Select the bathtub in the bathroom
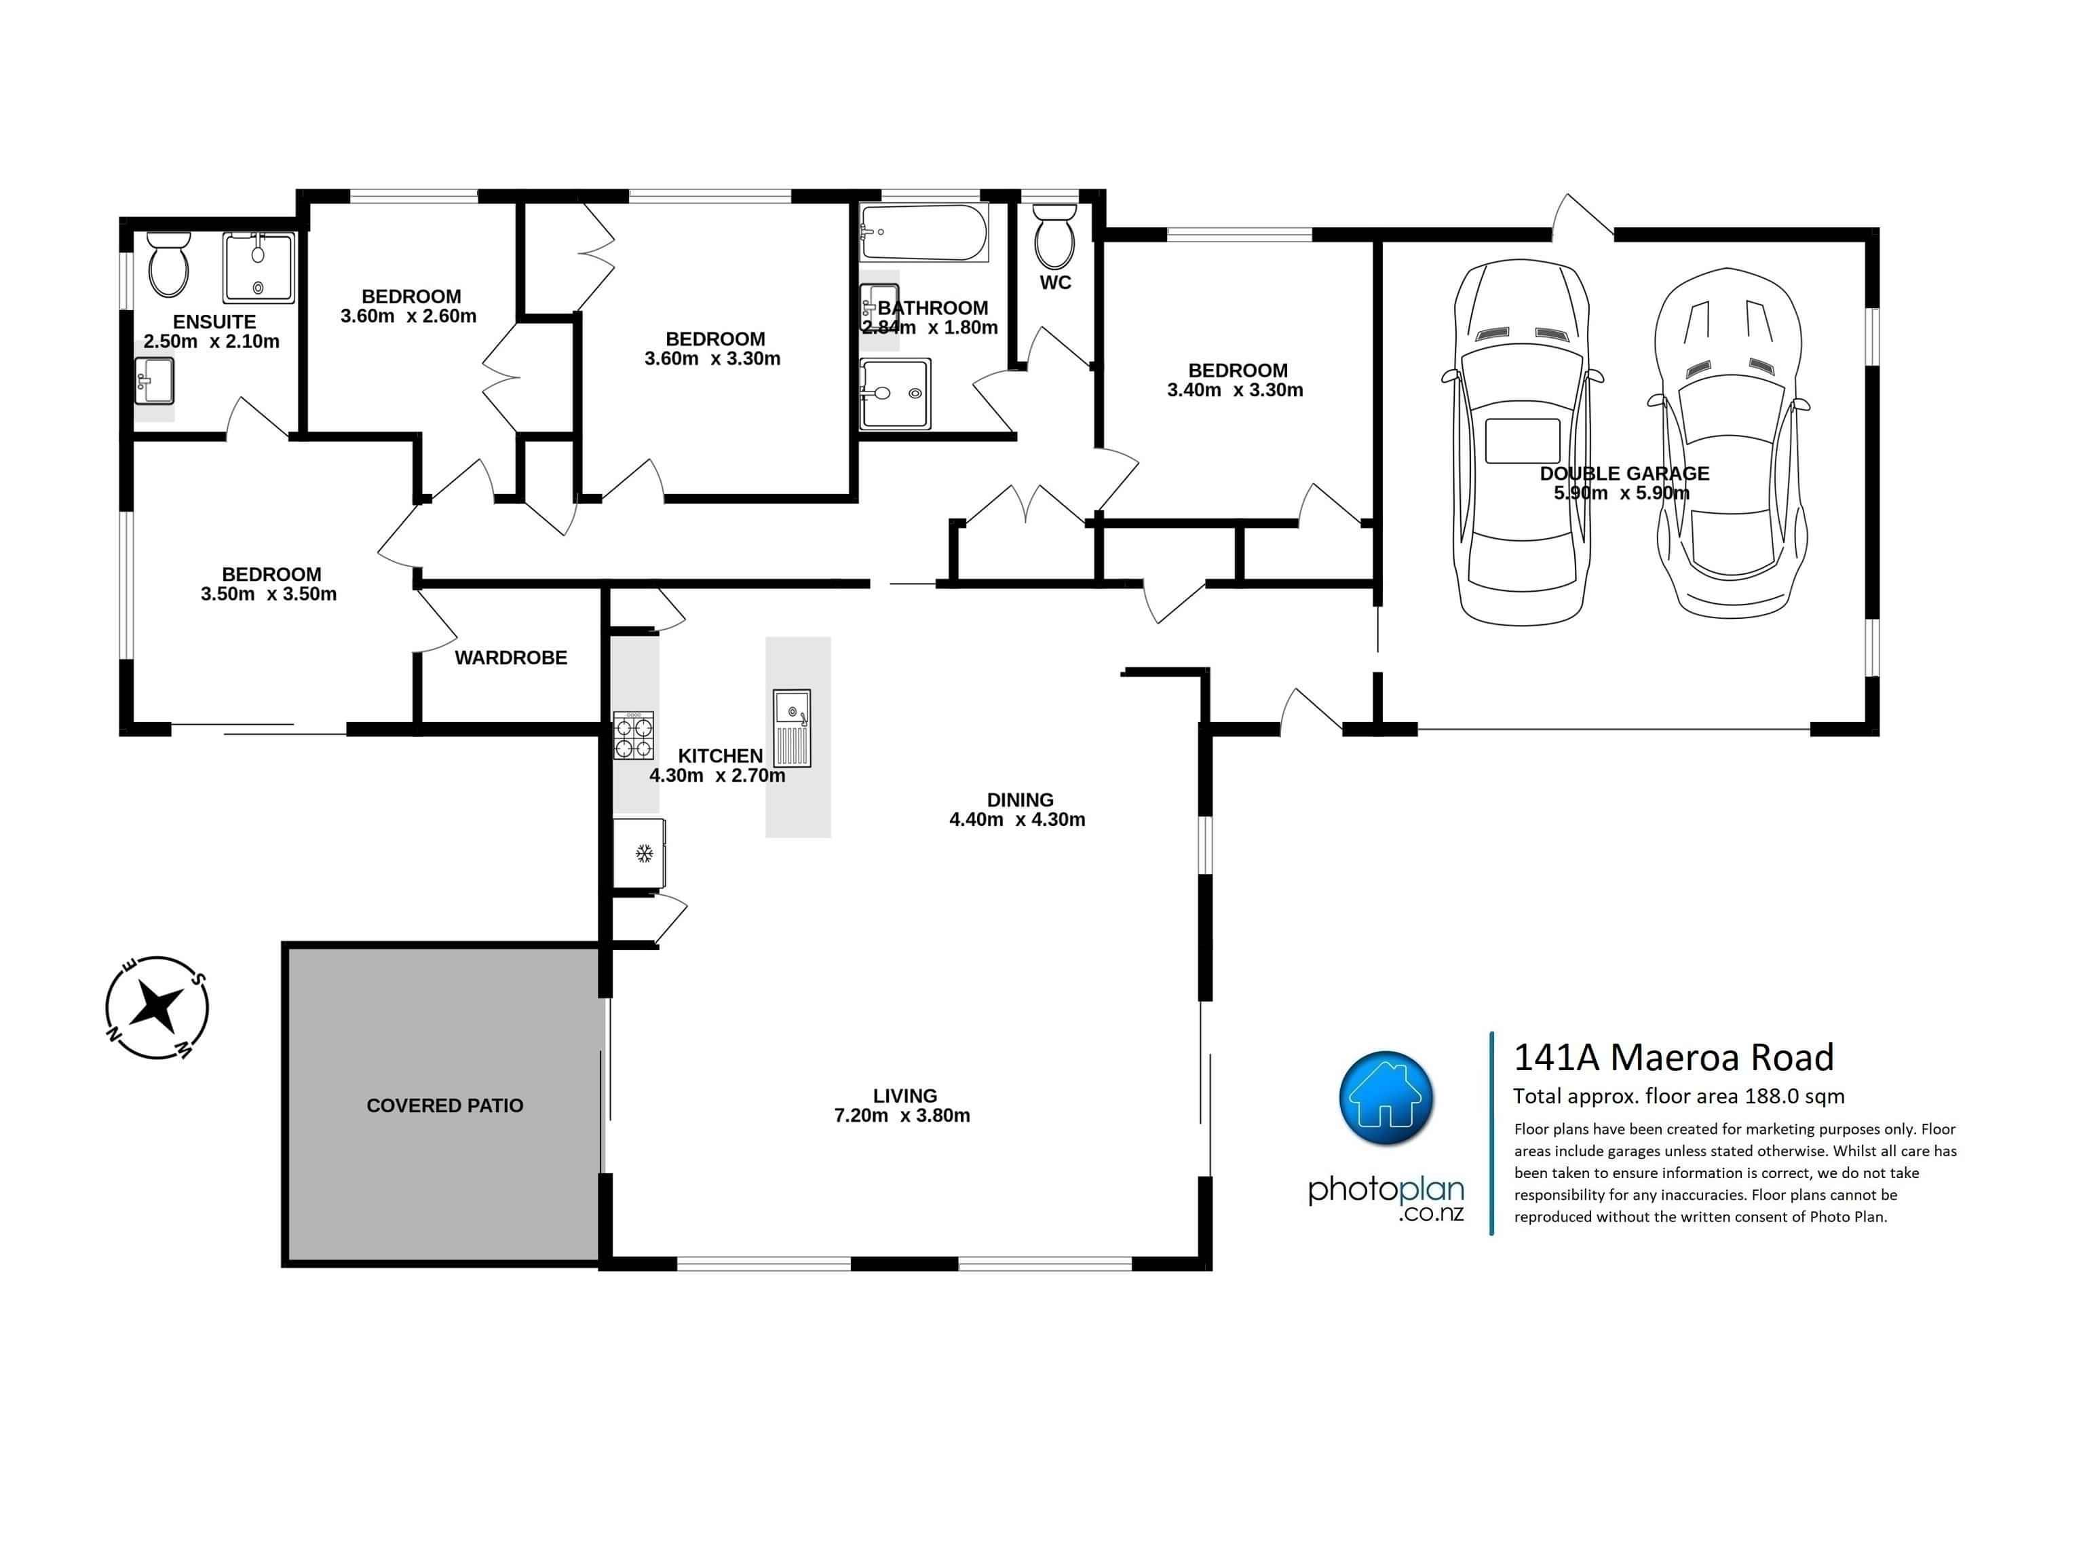pyautogui.click(x=925, y=233)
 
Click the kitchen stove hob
pyautogui.click(x=634, y=736)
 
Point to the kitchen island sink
pyautogui.click(x=791, y=728)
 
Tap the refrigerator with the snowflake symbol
pyautogui.click(x=640, y=853)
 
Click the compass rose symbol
pyautogui.click(x=156, y=1008)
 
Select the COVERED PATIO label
pyautogui.click(x=444, y=1106)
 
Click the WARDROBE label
pyautogui.click(x=512, y=658)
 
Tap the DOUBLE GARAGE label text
pyautogui.click(x=1624, y=474)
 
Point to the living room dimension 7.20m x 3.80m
pyautogui.click(x=902, y=1116)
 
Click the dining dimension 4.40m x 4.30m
pyautogui.click(x=1017, y=820)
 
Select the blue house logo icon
pyautogui.click(x=1386, y=1097)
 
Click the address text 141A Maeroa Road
pyautogui.click(x=1674, y=1058)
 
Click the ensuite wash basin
pyautogui.click(x=154, y=381)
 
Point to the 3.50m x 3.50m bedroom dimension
pyautogui.click(x=269, y=594)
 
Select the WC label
pyautogui.click(x=1056, y=283)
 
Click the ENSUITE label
pyautogui.click(x=214, y=322)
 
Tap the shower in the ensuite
pyautogui.click(x=259, y=268)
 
